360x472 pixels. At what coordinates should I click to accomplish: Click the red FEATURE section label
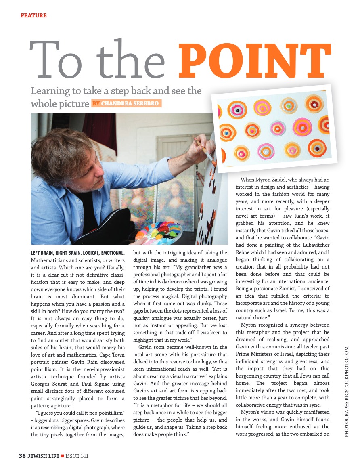point(33,16)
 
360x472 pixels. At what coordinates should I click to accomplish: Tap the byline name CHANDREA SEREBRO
point(130,103)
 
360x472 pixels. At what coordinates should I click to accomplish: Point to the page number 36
point(23,456)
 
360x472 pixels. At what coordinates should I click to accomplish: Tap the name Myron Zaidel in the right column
point(275,180)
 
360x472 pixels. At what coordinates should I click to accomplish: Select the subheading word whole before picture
point(44,104)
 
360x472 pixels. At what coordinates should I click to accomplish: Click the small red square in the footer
point(62,456)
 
